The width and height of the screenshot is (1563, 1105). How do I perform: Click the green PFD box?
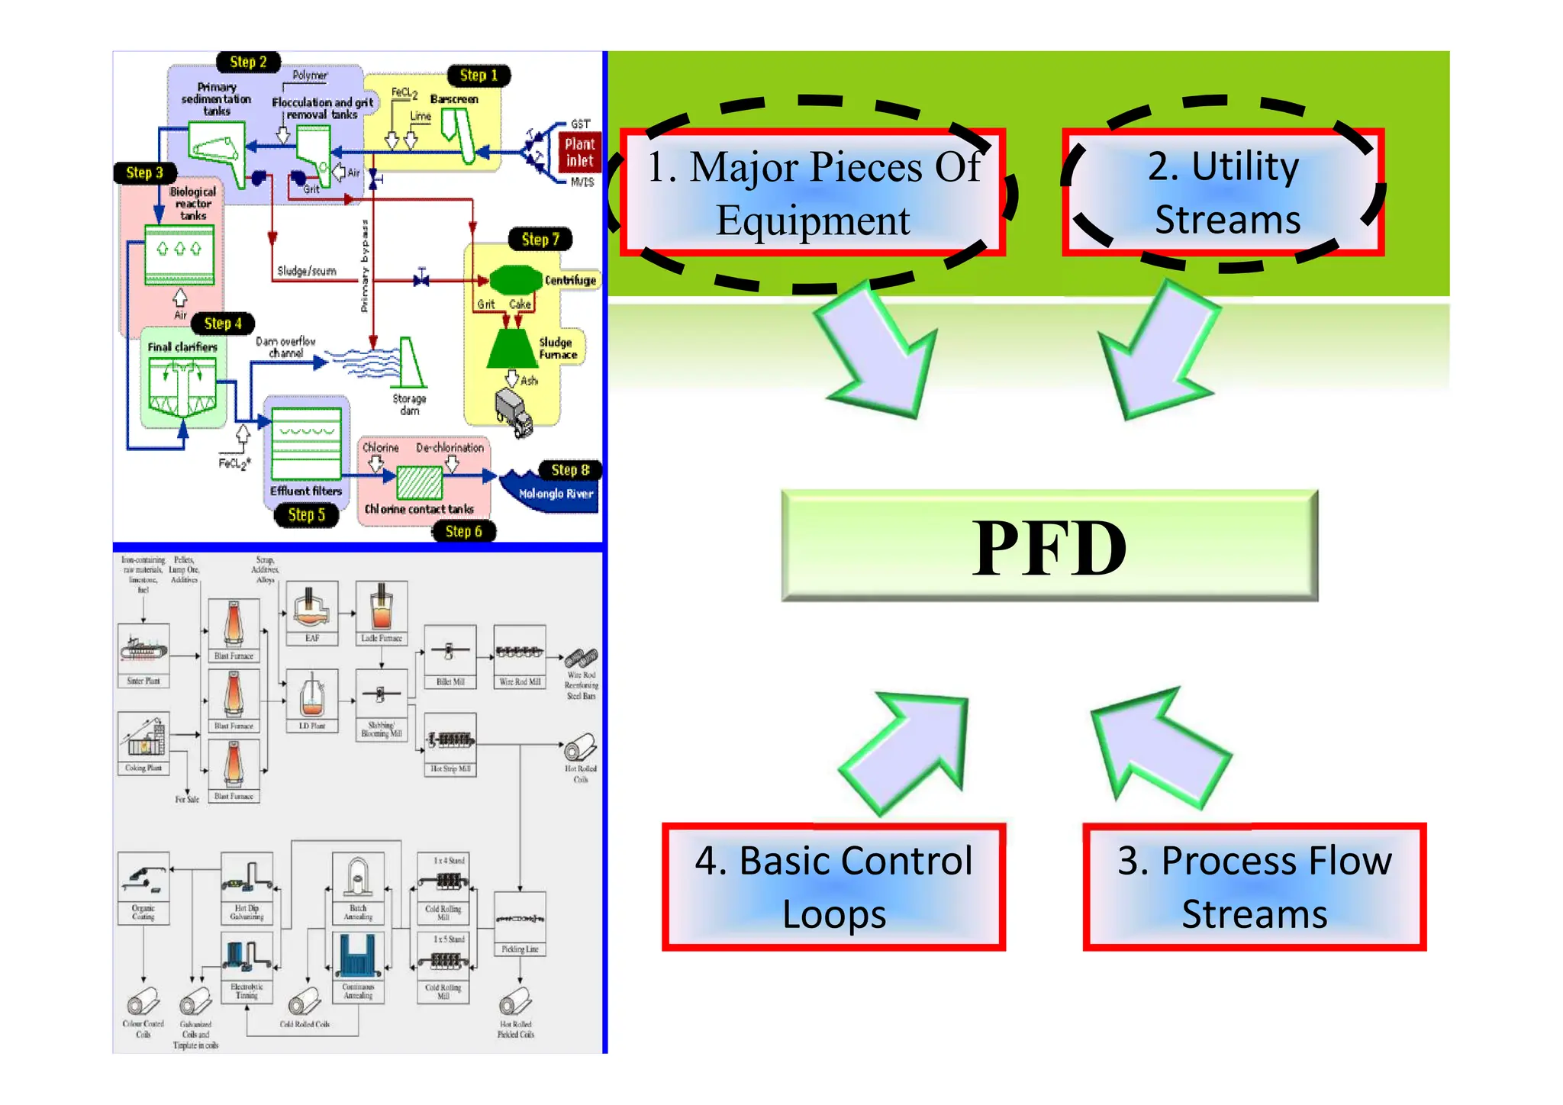1049,546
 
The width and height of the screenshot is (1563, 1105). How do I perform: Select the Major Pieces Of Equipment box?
813,192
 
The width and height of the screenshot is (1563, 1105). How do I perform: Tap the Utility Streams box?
1223,192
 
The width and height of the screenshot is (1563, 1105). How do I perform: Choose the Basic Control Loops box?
833,887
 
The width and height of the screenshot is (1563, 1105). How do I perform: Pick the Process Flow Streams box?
1254,887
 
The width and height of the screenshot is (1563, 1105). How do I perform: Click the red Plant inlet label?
579,152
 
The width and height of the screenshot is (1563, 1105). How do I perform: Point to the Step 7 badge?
540,239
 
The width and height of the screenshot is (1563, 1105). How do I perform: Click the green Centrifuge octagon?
514,280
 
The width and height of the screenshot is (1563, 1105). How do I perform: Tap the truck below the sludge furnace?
514,412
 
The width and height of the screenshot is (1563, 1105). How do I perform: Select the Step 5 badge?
306,515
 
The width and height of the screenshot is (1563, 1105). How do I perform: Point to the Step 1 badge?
478,75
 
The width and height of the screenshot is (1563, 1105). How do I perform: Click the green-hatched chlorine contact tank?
419,482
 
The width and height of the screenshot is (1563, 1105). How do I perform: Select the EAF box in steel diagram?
312,614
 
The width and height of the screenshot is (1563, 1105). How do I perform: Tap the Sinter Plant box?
143,655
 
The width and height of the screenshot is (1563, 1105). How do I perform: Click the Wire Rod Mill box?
520,656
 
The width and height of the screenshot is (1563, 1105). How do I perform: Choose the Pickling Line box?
520,923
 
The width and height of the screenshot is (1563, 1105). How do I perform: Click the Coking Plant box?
143,743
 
